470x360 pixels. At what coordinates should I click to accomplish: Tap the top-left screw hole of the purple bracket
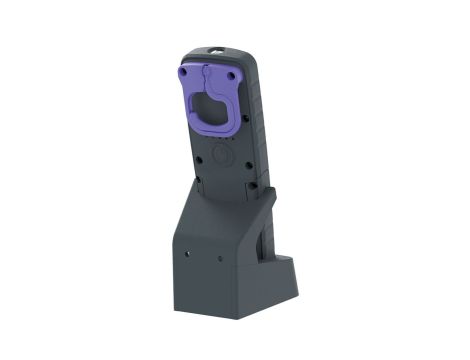tap(184, 72)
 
